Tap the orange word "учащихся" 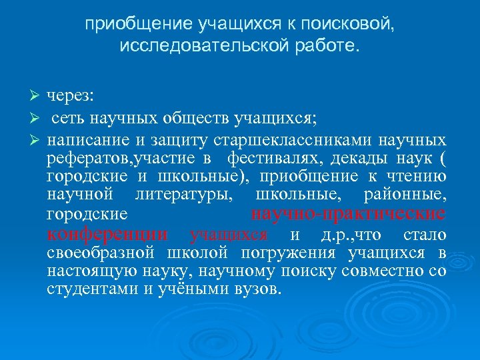pyautogui.click(x=229, y=235)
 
